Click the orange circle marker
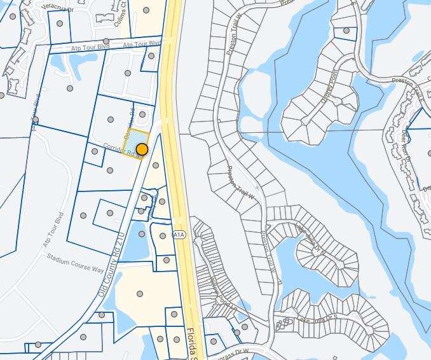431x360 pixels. tap(142, 149)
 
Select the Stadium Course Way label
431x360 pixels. tap(76, 261)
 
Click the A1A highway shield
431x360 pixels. tap(179, 234)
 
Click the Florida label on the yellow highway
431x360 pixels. tap(193, 343)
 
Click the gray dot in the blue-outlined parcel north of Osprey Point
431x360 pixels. tap(346, 30)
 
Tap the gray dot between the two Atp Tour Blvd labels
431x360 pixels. tap(106, 42)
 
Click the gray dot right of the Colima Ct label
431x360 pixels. tap(146, 10)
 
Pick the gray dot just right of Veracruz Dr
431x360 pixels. tap(60, 24)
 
